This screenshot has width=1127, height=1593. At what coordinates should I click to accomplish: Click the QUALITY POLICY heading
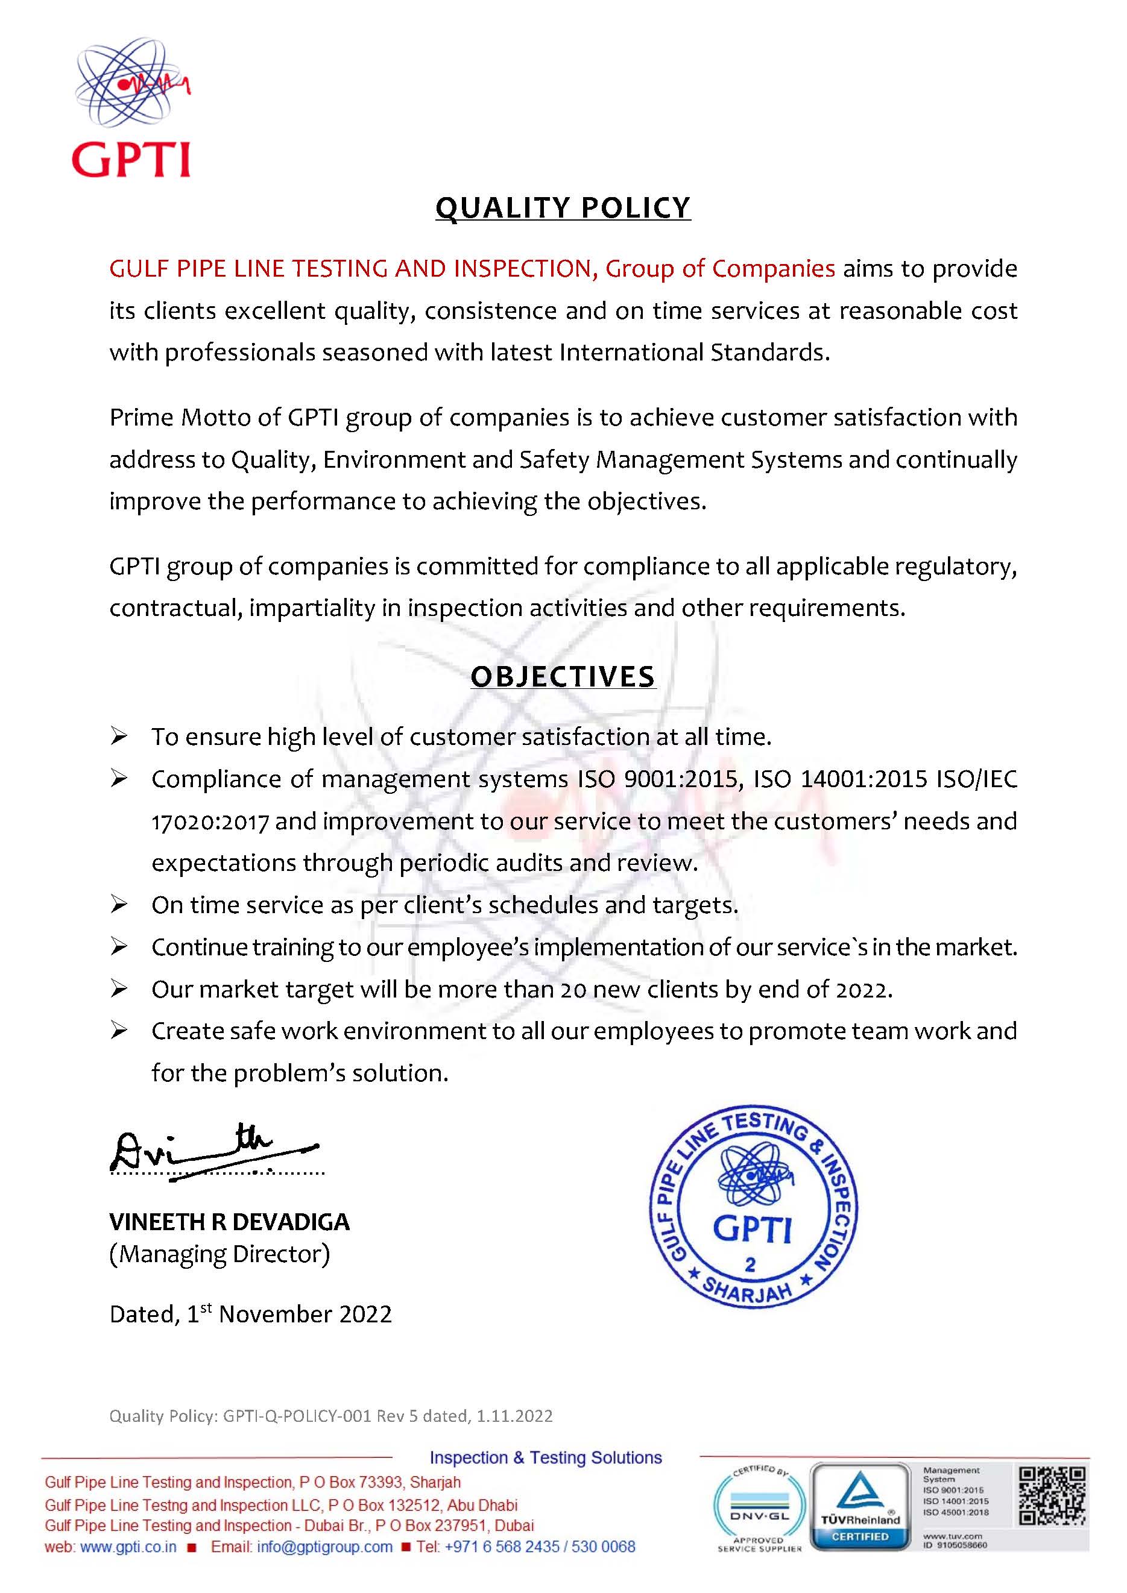point(563,207)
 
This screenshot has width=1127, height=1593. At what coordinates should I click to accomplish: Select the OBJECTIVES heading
point(563,676)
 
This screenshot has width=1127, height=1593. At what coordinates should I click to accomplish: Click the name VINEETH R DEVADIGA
point(230,1222)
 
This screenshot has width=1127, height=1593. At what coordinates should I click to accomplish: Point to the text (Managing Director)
point(219,1254)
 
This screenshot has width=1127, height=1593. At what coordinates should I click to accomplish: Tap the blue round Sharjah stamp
point(754,1208)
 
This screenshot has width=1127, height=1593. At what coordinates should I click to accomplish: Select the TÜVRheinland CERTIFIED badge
point(860,1506)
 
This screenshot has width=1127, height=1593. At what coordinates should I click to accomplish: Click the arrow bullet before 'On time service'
point(119,905)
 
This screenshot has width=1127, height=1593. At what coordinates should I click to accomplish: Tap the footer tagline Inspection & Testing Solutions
point(546,1458)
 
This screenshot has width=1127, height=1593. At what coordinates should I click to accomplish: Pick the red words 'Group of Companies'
point(721,268)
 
